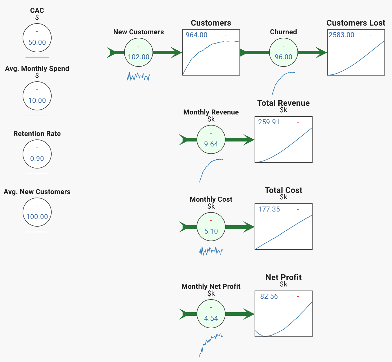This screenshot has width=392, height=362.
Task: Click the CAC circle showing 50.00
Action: pyautogui.click(x=37, y=38)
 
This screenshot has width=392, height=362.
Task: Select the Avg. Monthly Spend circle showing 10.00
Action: pyautogui.click(x=37, y=96)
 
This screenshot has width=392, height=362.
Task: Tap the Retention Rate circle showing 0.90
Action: pyautogui.click(x=37, y=154)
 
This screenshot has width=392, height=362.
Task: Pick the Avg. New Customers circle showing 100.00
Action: pyautogui.click(x=37, y=212)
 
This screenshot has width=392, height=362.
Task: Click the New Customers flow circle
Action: pyautogui.click(x=139, y=52)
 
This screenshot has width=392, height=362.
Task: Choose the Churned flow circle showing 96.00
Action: pyautogui.click(x=283, y=52)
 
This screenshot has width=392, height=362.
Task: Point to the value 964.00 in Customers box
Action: pyautogui.click(x=196, y=35)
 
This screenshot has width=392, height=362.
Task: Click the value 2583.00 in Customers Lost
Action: pyautogui.click(x=341, y=35)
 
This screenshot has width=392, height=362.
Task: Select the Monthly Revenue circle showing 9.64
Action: pyautogui.click(x=211, y=139)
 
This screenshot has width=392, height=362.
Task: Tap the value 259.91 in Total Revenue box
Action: pyautogui.click(x=269, y=122)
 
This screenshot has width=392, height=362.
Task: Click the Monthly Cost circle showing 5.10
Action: pyautogui.click(x=211, y=227)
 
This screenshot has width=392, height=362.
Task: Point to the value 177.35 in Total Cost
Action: pyautogui.click(x=269, y=209)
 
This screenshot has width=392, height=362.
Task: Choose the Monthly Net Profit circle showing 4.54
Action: pyautogui.click(x=211, y=314)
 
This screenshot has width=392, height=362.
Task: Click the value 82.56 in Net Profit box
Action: pyautogui.click(x=269, y=296)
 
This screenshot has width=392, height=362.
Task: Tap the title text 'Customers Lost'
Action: pyautogui.click(x=356, y=23)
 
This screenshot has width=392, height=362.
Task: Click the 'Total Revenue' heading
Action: pyautogui.click(x=283, y=103)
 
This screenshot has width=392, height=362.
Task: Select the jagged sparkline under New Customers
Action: pyautogui.click(x=139, y=77)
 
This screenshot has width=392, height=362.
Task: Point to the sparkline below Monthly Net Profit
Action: pyautogui.click(x=211, y=345)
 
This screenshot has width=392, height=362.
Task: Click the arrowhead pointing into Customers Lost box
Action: pyautogui.click(x=321, y=53)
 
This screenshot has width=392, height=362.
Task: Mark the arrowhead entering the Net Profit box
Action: pyautogui.click(x=249, y=314)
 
